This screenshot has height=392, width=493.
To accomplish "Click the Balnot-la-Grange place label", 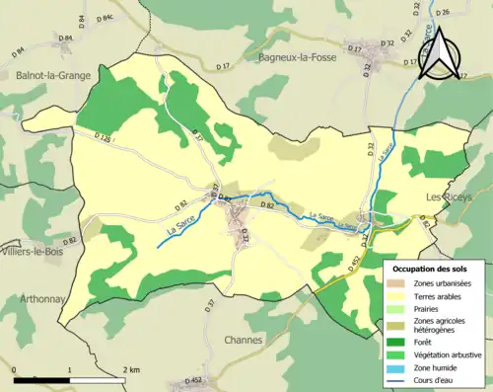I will pyautogui.click(x=53, y=74).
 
